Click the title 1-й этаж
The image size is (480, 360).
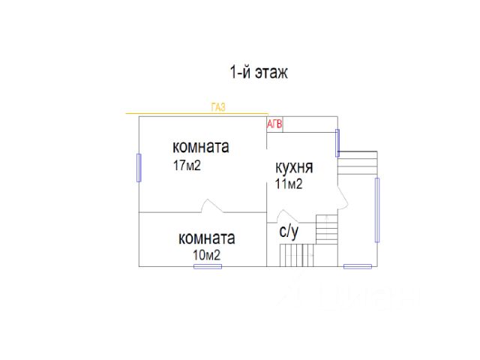(x=259, y=73)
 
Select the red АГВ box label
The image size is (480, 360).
(x=275, y=124)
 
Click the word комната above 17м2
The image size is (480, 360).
(x=200, y=146)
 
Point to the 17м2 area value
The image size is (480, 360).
(x=187, y=165)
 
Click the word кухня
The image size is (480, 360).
(x=294, y=167)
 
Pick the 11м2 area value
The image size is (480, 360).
(x=289, y=184)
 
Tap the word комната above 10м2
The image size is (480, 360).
(x=206, y=238)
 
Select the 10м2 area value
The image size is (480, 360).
(x=207, y=256)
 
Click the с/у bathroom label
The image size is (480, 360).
(x=289, y=232)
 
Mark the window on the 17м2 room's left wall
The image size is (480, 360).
(x=139, y=166)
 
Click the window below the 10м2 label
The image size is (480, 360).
(x=208, y=266)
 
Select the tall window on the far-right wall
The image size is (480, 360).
(x=376, y=209)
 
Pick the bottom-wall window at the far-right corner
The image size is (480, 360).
(x=357, y=266)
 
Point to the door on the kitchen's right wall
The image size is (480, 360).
(x=340, y=196)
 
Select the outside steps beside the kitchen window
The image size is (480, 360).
(x=357, y=163)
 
